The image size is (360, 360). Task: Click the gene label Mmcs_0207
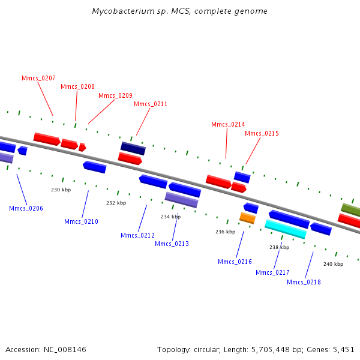[38, 78]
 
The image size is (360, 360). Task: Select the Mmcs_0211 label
[151, 104]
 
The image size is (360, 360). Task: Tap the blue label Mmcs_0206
[26, 208]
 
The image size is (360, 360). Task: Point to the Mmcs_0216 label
[235, 262]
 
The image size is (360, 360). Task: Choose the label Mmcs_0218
[304, 282]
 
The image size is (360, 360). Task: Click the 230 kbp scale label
[61, 190]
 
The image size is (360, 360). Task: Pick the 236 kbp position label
[225, 232]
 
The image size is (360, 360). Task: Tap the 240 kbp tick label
[334, 264]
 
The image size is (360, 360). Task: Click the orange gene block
[247, 218]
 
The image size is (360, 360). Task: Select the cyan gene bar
[286, 229]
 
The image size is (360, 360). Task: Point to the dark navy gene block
[133, 148]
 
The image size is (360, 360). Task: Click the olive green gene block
[350, 210]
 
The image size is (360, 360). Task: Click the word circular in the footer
[207, 350]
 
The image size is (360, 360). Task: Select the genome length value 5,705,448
[271, 350]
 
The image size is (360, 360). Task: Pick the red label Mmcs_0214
[228, 124]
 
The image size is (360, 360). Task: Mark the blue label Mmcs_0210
[81, 221]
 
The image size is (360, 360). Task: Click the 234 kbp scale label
[171, 217]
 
